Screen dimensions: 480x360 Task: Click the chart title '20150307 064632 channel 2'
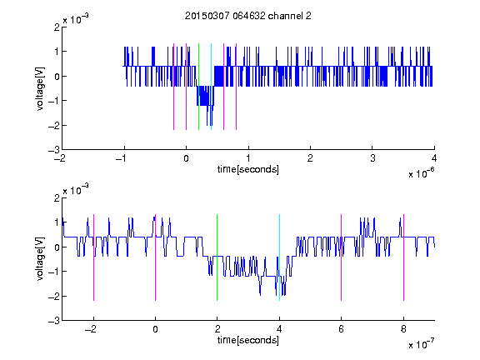point(248,16)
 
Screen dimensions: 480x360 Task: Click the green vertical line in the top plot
point(198,87)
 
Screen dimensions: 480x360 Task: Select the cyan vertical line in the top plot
point(211,87)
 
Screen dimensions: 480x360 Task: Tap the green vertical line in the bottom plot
point(217,257)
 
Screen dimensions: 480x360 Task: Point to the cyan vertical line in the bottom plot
point(279,257)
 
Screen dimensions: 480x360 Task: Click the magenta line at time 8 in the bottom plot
point(404,257)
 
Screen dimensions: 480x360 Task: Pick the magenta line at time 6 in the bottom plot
point(342,257)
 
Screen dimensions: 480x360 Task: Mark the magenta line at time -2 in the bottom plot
point(93,257)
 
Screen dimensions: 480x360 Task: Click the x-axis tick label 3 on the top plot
point(372,158)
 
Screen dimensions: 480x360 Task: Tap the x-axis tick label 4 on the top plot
point(434,158)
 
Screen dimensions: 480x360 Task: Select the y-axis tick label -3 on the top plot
point(54,150)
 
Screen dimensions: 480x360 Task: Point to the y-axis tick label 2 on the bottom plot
point(57,197)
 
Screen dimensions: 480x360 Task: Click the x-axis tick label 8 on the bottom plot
point(404,329)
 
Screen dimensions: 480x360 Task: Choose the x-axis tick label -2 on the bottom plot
point(91,329)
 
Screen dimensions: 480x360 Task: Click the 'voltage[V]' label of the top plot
point(40,89)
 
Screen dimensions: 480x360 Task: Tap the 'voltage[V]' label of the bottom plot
point(40,259)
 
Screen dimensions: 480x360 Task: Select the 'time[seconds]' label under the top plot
point(248,169)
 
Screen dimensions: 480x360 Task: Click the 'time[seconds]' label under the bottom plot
point(248,340)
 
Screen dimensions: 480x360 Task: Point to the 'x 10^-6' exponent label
point(422,173)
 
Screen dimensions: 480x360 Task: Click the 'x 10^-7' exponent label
point(422,344)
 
